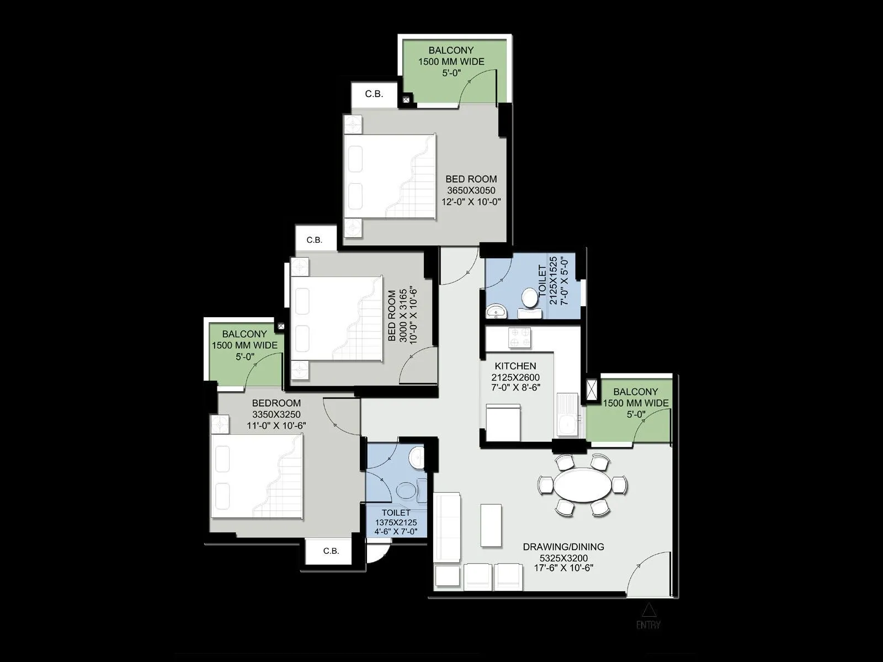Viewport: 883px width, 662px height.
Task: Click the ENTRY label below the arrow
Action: [648, 625]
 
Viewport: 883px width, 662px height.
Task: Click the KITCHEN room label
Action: [515, 366]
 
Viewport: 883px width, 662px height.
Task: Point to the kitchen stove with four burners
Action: [519, 338]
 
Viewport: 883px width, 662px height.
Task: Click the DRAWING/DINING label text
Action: [563, 547]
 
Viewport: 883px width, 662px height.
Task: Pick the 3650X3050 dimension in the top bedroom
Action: [471, 190]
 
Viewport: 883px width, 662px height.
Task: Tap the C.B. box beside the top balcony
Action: [374, 94]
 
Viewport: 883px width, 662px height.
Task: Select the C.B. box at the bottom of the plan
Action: [331, 551]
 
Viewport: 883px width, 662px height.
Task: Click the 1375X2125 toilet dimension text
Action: [396, 522]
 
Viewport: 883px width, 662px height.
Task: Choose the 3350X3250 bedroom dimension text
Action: [276, 414]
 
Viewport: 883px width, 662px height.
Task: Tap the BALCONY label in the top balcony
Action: [451, 50]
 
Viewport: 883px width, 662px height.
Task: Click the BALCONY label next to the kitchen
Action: [635, 392]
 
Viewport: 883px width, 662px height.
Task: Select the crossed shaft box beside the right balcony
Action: [592, 389]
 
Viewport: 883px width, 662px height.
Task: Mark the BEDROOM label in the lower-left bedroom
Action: [276, 403]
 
